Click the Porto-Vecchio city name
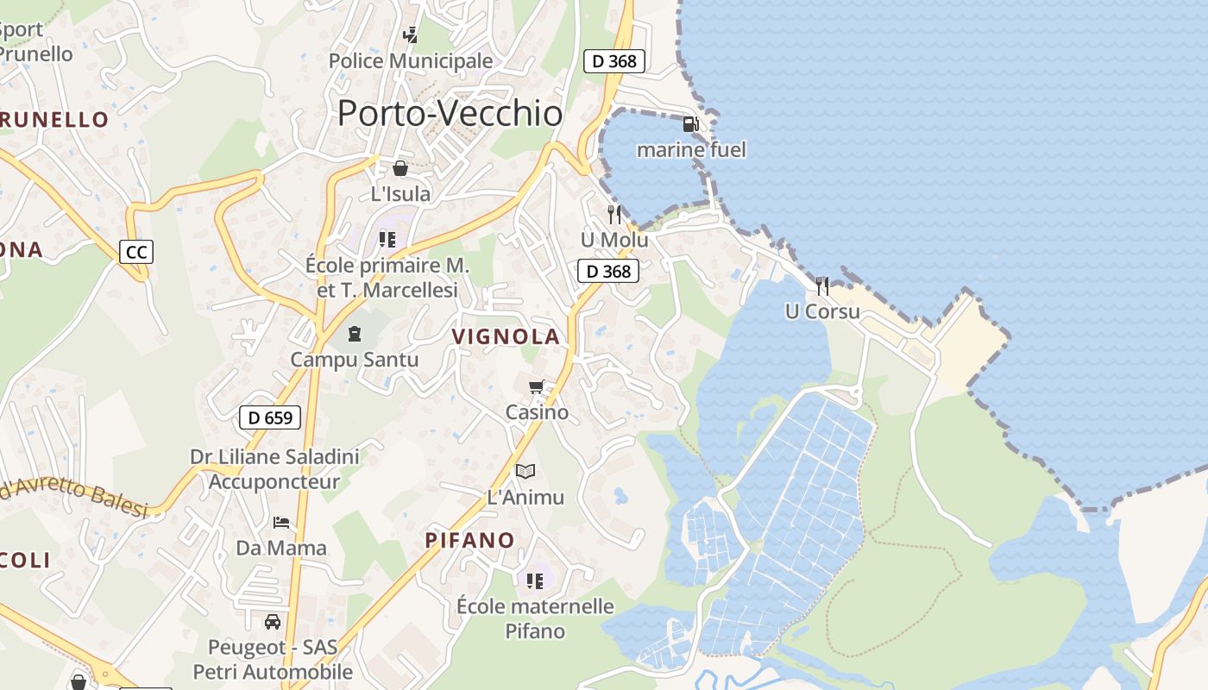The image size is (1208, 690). pyautogui.click(x=450, y=113)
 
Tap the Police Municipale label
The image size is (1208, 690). pyautogui.click(x=411, y=61)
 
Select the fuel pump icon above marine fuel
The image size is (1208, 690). pyautogui.click(x=690, y=124)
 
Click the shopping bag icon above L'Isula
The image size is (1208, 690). pyautogui.click(x=400, y=168)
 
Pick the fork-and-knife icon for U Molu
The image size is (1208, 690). pyautogui.click(x=614, y=214)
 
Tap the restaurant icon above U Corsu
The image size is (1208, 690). pyautogui.click(x=822, y=285)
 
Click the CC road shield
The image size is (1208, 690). pyautogui.click(x=135, y=252)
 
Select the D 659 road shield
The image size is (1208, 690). pyautogui.click(x=269, y=417)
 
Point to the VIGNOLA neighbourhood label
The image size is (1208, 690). pyautogui.click(x=506, y=337)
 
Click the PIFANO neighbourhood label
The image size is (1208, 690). pyautogui.click(x=469, y=541)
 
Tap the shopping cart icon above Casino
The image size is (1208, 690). pyautogui.click(x=537, y=387)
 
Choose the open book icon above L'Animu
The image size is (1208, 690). pyautogui.click(x=525, y=471)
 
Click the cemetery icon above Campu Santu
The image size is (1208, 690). pyautogui.click(x=354, y=333)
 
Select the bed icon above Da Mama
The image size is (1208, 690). pyautogui.click(x=281, y=523)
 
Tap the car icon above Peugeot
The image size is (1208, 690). pyautogui.click(x=273, y=621)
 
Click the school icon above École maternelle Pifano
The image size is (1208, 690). pyautogui.click(x=535, y=580)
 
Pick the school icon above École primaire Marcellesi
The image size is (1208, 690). pyautogui.click(x=387, y=239)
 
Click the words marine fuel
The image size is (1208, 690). pyautogui.click(x=691, y=150)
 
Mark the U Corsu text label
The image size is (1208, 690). pyautogui.click(x=822, y=311)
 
